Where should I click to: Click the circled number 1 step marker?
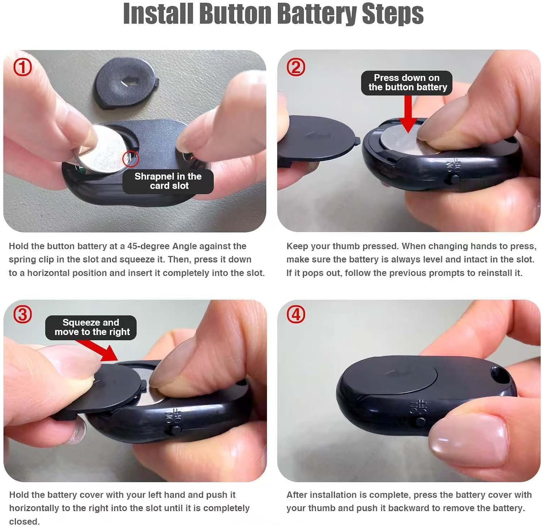point(22,68)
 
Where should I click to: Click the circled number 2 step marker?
point(296,68)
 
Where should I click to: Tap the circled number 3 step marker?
point(22,315)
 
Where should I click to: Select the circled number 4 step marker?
point(296,315)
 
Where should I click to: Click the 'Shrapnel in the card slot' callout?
point(168,181)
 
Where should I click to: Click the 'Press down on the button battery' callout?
point(406,83)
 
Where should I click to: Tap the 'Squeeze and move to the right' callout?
point(91,327)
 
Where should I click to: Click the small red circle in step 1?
point(131,159)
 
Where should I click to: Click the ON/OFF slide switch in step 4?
point(420,421)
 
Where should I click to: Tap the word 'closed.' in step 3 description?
point(24,522)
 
